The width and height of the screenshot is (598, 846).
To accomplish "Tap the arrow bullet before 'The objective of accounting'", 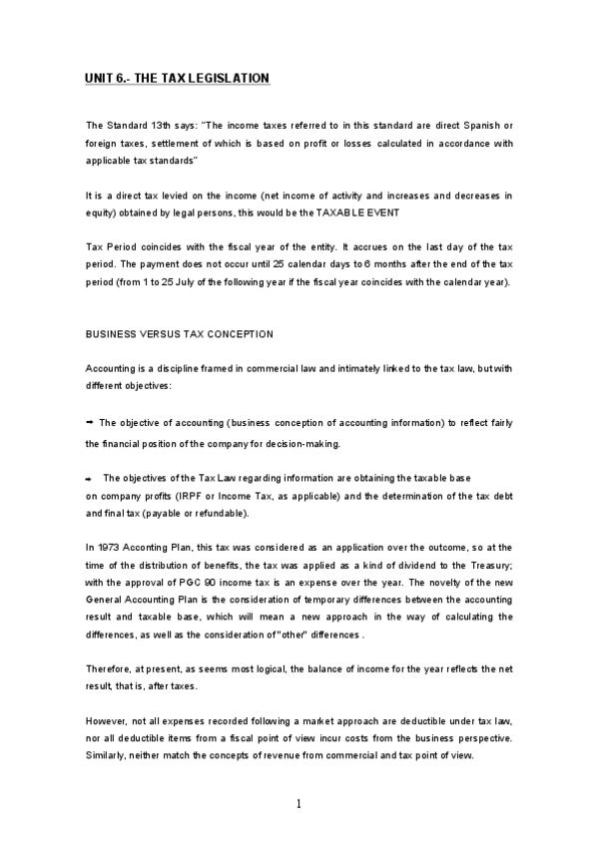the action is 90,422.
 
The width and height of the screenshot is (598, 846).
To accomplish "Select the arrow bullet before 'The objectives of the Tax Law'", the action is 90,476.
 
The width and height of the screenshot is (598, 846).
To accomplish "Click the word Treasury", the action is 488,565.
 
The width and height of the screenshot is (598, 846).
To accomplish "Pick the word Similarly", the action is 108,756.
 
